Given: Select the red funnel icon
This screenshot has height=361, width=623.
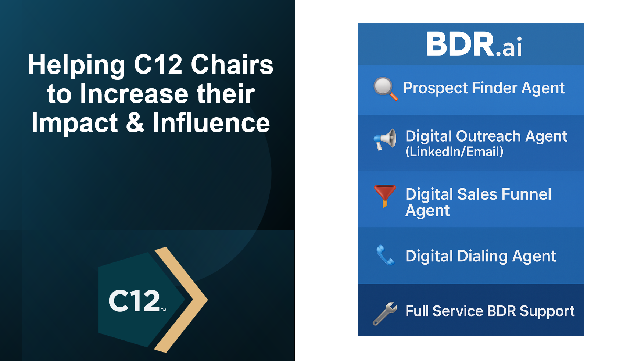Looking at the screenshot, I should (x=385, y=194).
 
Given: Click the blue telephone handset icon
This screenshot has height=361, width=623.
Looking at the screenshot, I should (x=385, y=255).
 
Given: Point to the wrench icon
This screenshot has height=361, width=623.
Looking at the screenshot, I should (x=385, y=313).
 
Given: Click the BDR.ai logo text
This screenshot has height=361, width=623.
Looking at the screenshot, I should (x=474, y=44).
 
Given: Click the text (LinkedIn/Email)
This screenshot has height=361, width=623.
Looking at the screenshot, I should (x=454, y=152).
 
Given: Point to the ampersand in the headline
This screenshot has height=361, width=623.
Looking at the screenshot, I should (x=135, y=123).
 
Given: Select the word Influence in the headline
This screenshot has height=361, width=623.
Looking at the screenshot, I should (x=211, y=123).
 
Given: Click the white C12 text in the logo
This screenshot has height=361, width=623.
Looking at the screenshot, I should (x=135, y=301).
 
